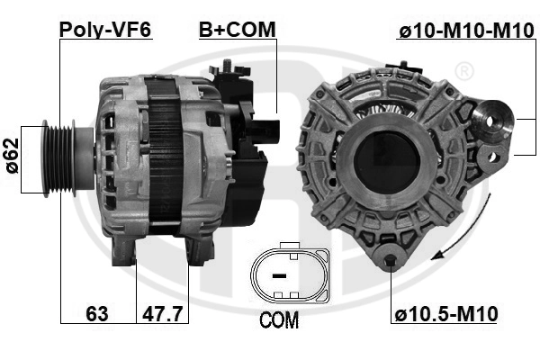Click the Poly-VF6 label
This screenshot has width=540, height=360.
[x=104, y=29]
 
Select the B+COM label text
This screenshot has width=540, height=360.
[x=238, y=29]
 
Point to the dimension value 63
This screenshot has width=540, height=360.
[x=98, y=314]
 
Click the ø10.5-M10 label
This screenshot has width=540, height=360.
[x=446, y=314]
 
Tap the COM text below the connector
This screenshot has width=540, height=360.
[x=278, y=321]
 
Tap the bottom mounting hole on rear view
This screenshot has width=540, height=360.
[x=390, y=263]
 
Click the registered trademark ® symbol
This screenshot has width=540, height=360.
[x=463, y=70]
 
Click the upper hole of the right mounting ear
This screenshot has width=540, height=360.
[x=493, y=119]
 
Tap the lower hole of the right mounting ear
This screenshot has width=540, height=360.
[x=491, y=157]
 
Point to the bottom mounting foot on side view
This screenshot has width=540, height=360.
[x=126, y=253]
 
